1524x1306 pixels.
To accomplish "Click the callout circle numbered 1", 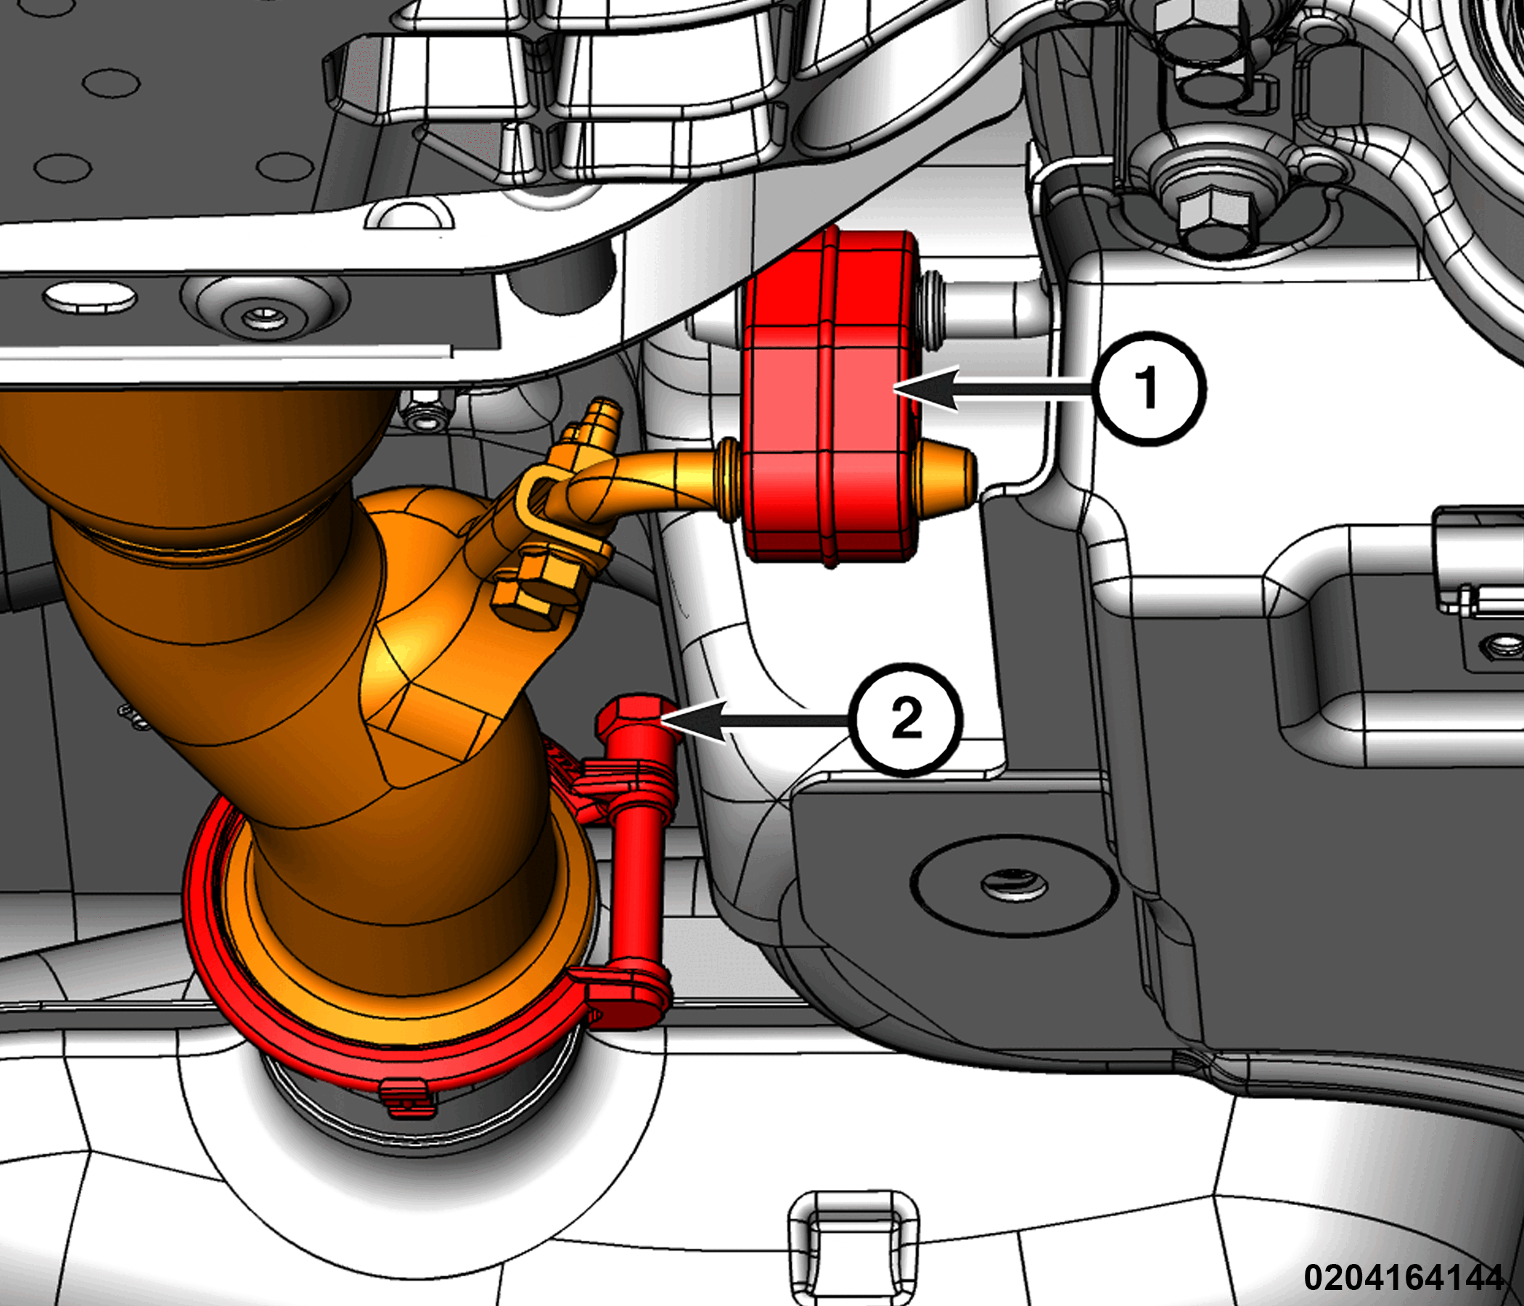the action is pos(1148,387).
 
